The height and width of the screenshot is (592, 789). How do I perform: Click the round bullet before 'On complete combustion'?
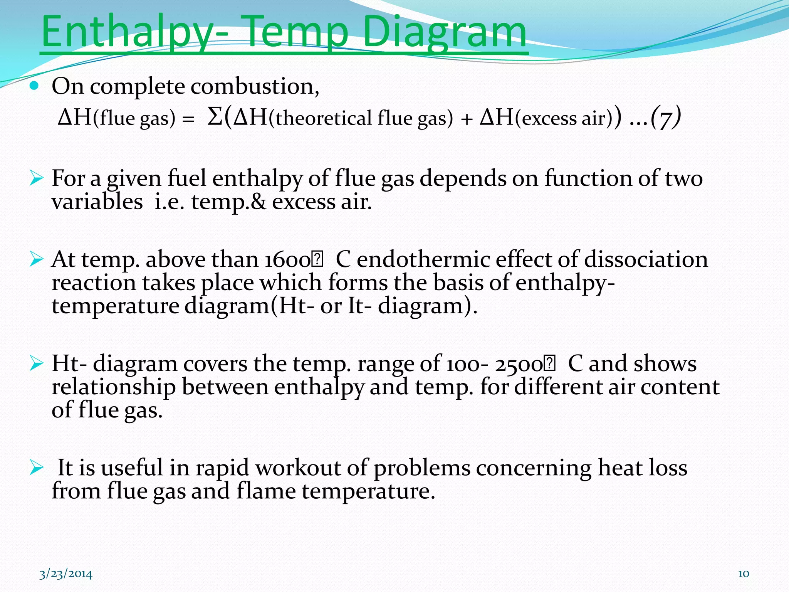(x=35, y=86)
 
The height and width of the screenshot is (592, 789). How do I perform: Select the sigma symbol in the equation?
(x=214, y=116)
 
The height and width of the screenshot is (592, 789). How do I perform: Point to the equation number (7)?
(x=666, y=117)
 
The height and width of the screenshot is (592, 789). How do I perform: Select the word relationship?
(x=114, y=387)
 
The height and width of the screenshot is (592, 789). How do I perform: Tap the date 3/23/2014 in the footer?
(x=66, y=574)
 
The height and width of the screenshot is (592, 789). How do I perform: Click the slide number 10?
(x=744, y=574)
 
